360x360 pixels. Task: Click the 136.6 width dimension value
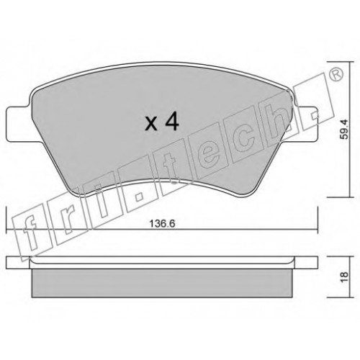point(163,224)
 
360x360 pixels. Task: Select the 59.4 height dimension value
point(345,130)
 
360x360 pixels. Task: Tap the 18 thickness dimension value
point(344,277)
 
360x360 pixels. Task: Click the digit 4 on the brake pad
point(173,122)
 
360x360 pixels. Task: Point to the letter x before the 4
point(152,125)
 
